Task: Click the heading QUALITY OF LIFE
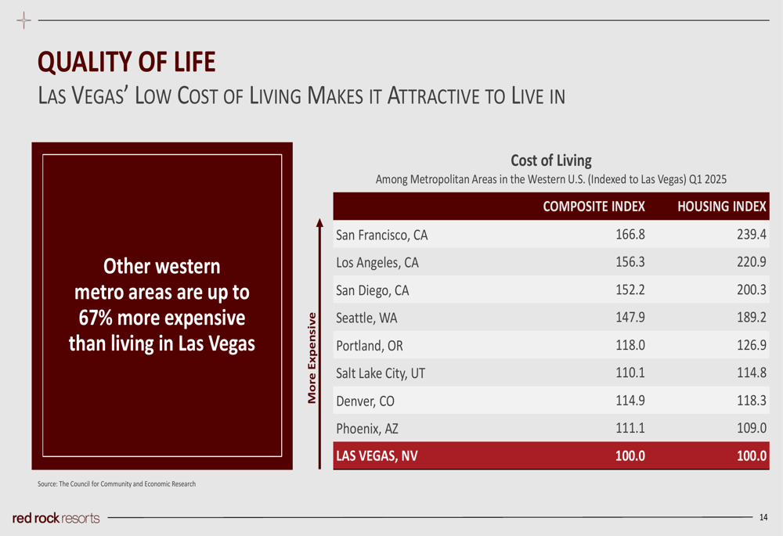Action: click(x=126, y=63)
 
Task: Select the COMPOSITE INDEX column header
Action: click(x=594, y=207)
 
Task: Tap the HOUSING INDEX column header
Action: click(x=721, y=207)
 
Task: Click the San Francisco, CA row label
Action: click(x=381, y=235)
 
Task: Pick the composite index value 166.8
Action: click(x=630, y=235)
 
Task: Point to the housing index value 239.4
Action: click(x=750, y=235)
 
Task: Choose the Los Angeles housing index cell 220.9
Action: click(x=750, y=263)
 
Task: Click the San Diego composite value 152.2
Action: click(x=630, y=290)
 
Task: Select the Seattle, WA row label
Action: click(x=367, y=318)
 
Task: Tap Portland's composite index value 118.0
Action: click(x=630, y=346)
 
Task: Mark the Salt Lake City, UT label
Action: click(x=381, y=373)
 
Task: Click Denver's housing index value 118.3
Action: click(x=750, y=401)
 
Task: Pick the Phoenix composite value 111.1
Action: click(x=630, y=429)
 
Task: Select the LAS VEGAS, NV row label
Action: click(x=377, y=456)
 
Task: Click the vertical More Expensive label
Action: click(x=312, y=358)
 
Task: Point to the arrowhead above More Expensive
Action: click(x=319, y=223)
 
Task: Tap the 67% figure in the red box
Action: click(x=97, y=318)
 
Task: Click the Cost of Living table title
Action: click(x=551, y=160)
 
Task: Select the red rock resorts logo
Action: click(x=56, y=518)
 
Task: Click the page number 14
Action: click(x=763, y=517)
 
